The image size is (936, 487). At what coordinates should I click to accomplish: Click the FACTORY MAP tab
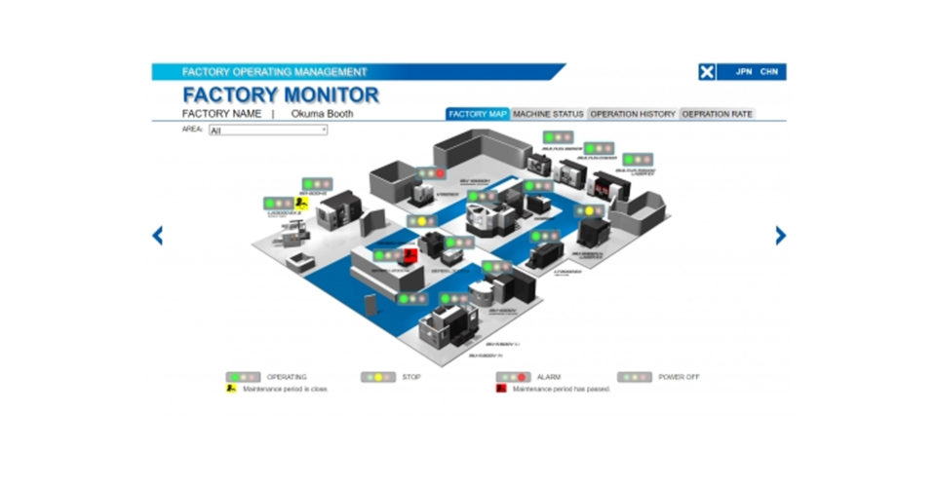tap(478, 114)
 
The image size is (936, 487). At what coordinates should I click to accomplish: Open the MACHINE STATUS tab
tap(548, 114)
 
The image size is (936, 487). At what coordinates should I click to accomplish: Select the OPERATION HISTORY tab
tap(633, 114)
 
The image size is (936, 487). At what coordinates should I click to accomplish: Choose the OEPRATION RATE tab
tap(717, 114)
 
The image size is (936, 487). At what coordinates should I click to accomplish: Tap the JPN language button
tap(744, 72)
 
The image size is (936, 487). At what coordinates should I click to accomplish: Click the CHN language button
tap(769, 72)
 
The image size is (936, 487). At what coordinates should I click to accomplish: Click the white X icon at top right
tap(707, 72)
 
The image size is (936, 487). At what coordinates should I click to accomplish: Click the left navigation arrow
tap(157, 235)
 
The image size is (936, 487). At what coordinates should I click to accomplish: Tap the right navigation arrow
tap(780, 235)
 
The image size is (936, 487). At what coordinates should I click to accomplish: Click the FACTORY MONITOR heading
tap(280, 94)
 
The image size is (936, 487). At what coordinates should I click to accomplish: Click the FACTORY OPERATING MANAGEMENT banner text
tap(275, 72)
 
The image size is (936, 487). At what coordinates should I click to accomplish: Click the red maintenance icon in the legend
tap(501, 389)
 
